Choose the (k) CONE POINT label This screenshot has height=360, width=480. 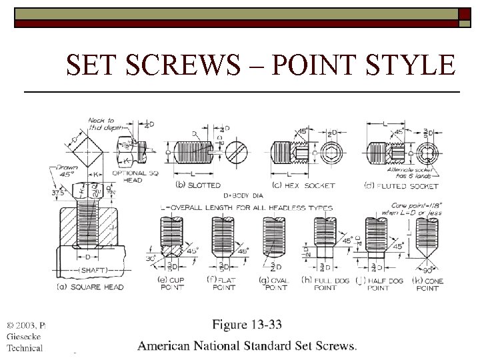pyautogui.click(x=427, y=284)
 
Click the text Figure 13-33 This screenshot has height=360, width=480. pyautogui.click(x=247, y=325)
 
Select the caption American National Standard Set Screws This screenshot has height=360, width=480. pyautogui.click(x=247, y=345)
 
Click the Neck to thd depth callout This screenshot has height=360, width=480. pyautogui.click(x=101, y=124)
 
